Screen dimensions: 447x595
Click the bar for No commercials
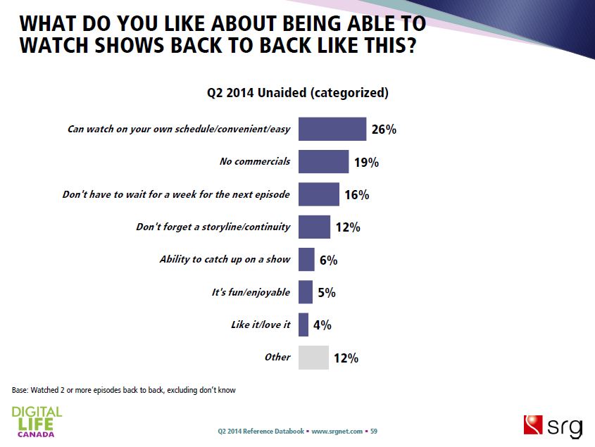323,161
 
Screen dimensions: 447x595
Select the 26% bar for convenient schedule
332,129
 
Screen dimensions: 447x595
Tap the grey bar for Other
313,358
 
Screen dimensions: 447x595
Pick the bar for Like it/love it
303,325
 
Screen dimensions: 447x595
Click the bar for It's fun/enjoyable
306,292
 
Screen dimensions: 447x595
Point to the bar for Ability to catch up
306,259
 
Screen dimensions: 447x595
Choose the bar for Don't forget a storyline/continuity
314,227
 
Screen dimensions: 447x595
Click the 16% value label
357,195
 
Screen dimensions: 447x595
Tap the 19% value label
366,163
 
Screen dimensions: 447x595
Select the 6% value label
328,260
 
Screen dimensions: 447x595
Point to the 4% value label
322,325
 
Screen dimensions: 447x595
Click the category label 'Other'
277,357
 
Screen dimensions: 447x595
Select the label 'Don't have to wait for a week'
176,194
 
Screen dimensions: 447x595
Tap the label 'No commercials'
255,161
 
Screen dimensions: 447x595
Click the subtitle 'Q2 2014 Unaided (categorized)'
297,92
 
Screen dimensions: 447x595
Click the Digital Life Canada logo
37,420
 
